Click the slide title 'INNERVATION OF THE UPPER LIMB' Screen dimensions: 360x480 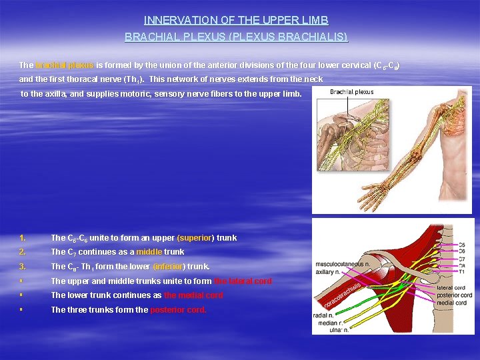pos(236,21)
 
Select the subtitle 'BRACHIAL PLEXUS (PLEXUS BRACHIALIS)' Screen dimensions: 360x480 pos(236,37)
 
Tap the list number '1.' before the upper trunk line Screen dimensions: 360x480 pos(23,238)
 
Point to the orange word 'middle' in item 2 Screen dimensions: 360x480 pos(149,252)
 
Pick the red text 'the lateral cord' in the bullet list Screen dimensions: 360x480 pos(243,281)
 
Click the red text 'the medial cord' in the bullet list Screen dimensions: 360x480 pos(193,295)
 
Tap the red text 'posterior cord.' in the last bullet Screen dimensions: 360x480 pos(178,310)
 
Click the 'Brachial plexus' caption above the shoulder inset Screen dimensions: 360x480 pos(352,92)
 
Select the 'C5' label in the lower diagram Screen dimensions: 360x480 pos(463,245)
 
